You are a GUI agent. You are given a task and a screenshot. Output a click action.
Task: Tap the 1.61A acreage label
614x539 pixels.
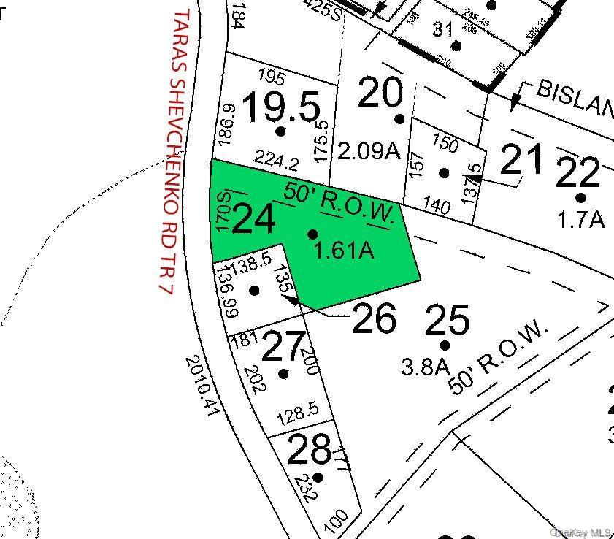coord(343,251)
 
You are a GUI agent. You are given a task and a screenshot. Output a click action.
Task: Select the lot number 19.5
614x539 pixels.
coord(281,107)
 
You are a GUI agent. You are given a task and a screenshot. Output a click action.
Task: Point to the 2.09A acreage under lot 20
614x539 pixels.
coord(369,151)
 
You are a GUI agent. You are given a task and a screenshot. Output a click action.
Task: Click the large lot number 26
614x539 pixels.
coord(374,318)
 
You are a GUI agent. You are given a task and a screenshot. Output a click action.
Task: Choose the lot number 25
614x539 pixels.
coord(447,319)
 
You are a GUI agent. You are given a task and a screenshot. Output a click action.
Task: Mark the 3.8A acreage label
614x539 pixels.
coord(424,366)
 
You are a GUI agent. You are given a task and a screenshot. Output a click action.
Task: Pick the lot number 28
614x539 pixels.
coord(309,450)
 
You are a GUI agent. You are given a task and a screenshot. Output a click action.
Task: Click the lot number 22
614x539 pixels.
coord(578,172)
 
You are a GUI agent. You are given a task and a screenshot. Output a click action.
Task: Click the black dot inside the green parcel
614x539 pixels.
coord(312,234)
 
